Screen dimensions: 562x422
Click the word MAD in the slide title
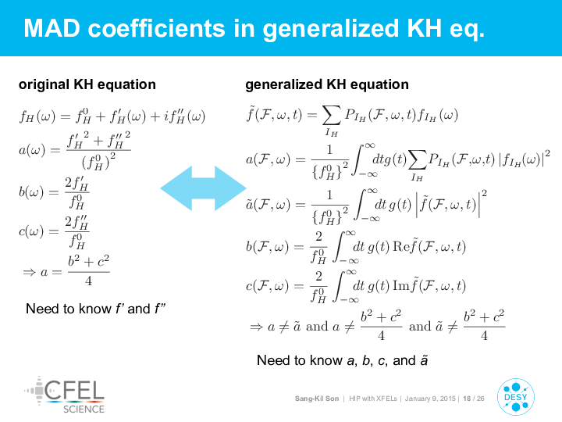pyautogui.click(x=52, y=28)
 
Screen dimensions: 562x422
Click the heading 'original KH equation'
pyautogui.click(x=87, y=84)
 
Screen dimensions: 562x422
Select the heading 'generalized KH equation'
pyautogui.click(x=327, y=84)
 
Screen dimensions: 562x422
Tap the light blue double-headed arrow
pyautogui.click(x=203, y=188)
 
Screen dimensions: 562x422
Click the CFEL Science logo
pyautogui.click(x=65, y=395)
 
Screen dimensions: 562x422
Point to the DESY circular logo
pyautogui.click(x=516, y=397)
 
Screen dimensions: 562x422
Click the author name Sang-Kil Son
pyautogui.click(x=316, y=399)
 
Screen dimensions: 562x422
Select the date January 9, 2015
pyautogui.click(x=430, y=399)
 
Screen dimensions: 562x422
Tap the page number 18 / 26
pyautogui.click(x=474, y=399)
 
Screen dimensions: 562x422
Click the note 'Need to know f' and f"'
pyautogui.click(x=96, y=309)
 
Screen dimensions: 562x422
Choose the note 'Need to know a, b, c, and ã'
pyautogui.click(x=343, y=360)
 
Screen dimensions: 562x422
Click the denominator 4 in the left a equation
pyautogui.click(x=88, y=281)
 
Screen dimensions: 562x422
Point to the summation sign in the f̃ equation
pyautogui.click(x=331, y=116)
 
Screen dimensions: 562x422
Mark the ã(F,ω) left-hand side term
pyautogui.click(x=268, y=205)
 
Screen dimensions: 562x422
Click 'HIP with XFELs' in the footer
pyautogui.click(x=373, y=399)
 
